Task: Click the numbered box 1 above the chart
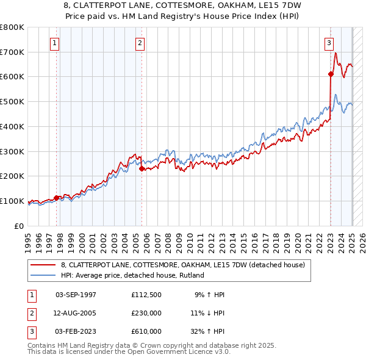coord(55,43)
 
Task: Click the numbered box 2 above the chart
coord(140,43)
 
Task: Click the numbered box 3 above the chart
coord(329,43)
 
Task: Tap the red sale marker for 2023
coord(331,74)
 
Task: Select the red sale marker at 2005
coord(142,168)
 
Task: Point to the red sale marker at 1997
coord(56,198)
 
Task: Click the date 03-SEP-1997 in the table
coord(76,295)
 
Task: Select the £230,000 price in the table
coord(146,313)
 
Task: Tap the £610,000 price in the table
coord(146,331)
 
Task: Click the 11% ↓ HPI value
coord(207,313)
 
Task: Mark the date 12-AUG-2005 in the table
coord(76,313)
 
